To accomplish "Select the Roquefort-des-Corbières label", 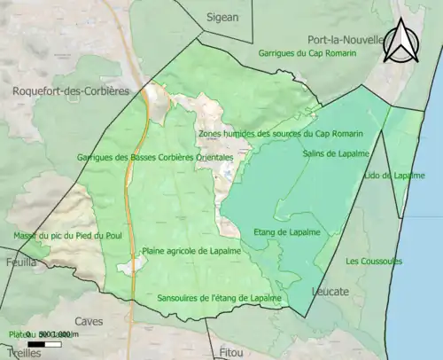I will (x=70, y=90).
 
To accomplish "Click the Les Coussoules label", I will (x=374, y=261).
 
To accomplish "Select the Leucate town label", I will (x=330, y=291).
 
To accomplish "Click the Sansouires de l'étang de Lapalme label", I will (x=219, y=298).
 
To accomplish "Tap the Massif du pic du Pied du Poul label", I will (x=56, y=235).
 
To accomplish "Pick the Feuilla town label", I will (x=19, y=262).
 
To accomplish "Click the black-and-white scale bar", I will (x=50, y=343).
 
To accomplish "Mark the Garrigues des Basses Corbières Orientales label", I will (x=155, y=157).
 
